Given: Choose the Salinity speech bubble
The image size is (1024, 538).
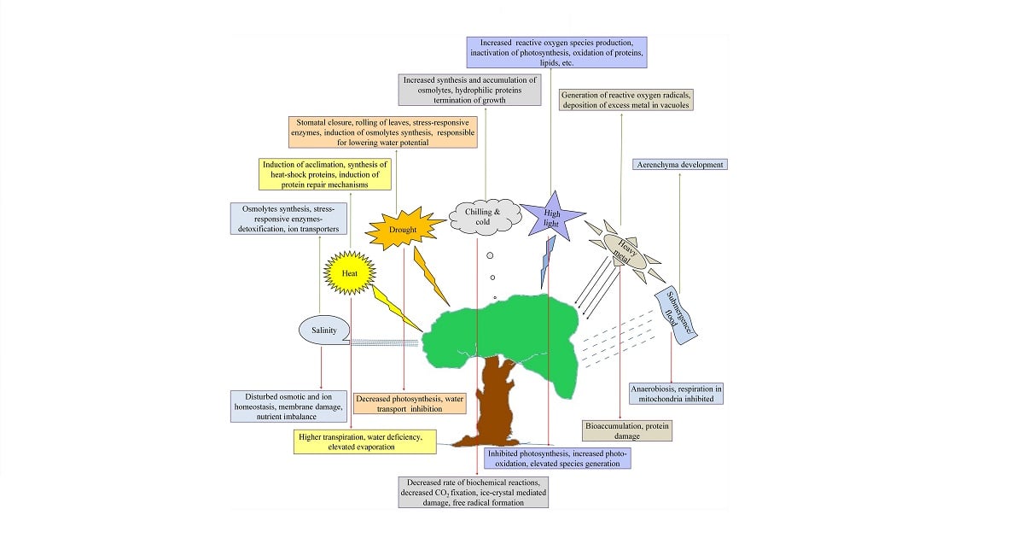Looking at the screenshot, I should tap(323, 330).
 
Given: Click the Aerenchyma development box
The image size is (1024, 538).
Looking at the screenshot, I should tap(679, 164).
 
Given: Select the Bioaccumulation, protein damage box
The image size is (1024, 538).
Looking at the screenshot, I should tap(627, 430).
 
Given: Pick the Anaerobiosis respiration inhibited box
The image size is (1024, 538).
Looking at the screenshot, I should tap(677, 392).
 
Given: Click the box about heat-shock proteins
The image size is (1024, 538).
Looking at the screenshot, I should tap(325, 173).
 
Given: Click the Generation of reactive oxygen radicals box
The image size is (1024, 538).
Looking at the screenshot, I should tap(625, 99).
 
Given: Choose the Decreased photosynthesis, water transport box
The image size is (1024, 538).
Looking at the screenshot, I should tap(411, 402).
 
